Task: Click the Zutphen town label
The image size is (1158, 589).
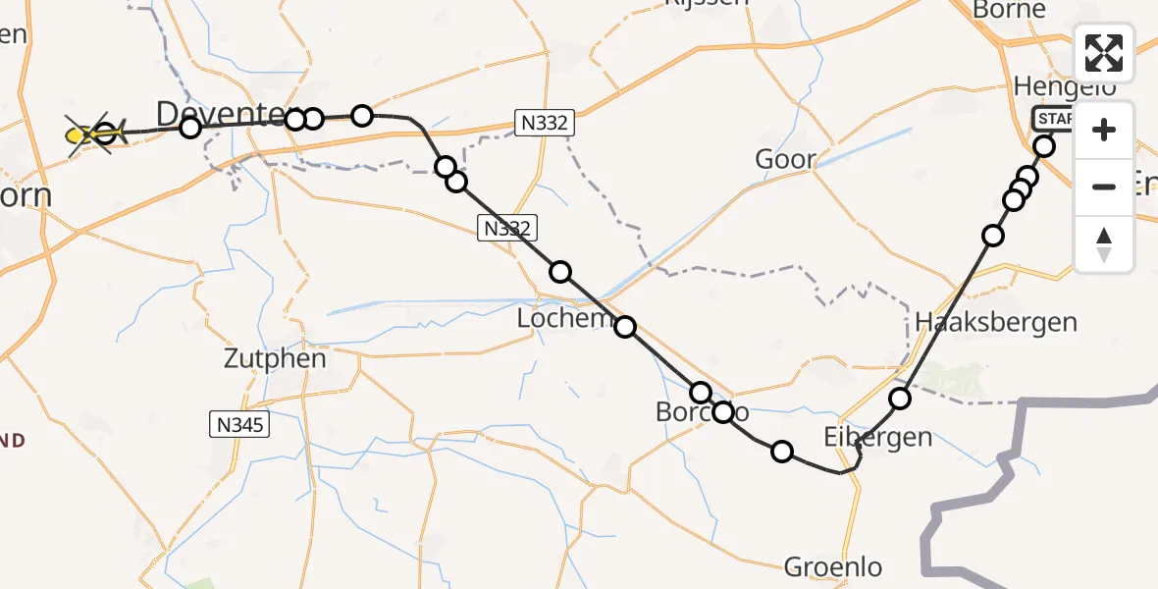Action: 274,359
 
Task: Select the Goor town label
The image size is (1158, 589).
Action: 785,159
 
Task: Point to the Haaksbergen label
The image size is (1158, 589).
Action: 995,321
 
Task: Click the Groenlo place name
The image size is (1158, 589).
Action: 832,566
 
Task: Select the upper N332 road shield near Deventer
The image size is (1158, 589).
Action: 546,124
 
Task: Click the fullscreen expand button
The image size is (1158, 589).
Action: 1104,53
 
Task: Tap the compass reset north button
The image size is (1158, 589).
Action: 1104,244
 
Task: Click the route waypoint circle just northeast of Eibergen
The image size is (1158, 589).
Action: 900,398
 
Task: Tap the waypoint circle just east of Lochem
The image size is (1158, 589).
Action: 625,327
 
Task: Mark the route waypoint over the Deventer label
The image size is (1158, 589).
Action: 190,127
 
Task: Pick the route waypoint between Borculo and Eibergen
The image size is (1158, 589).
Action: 782,452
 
